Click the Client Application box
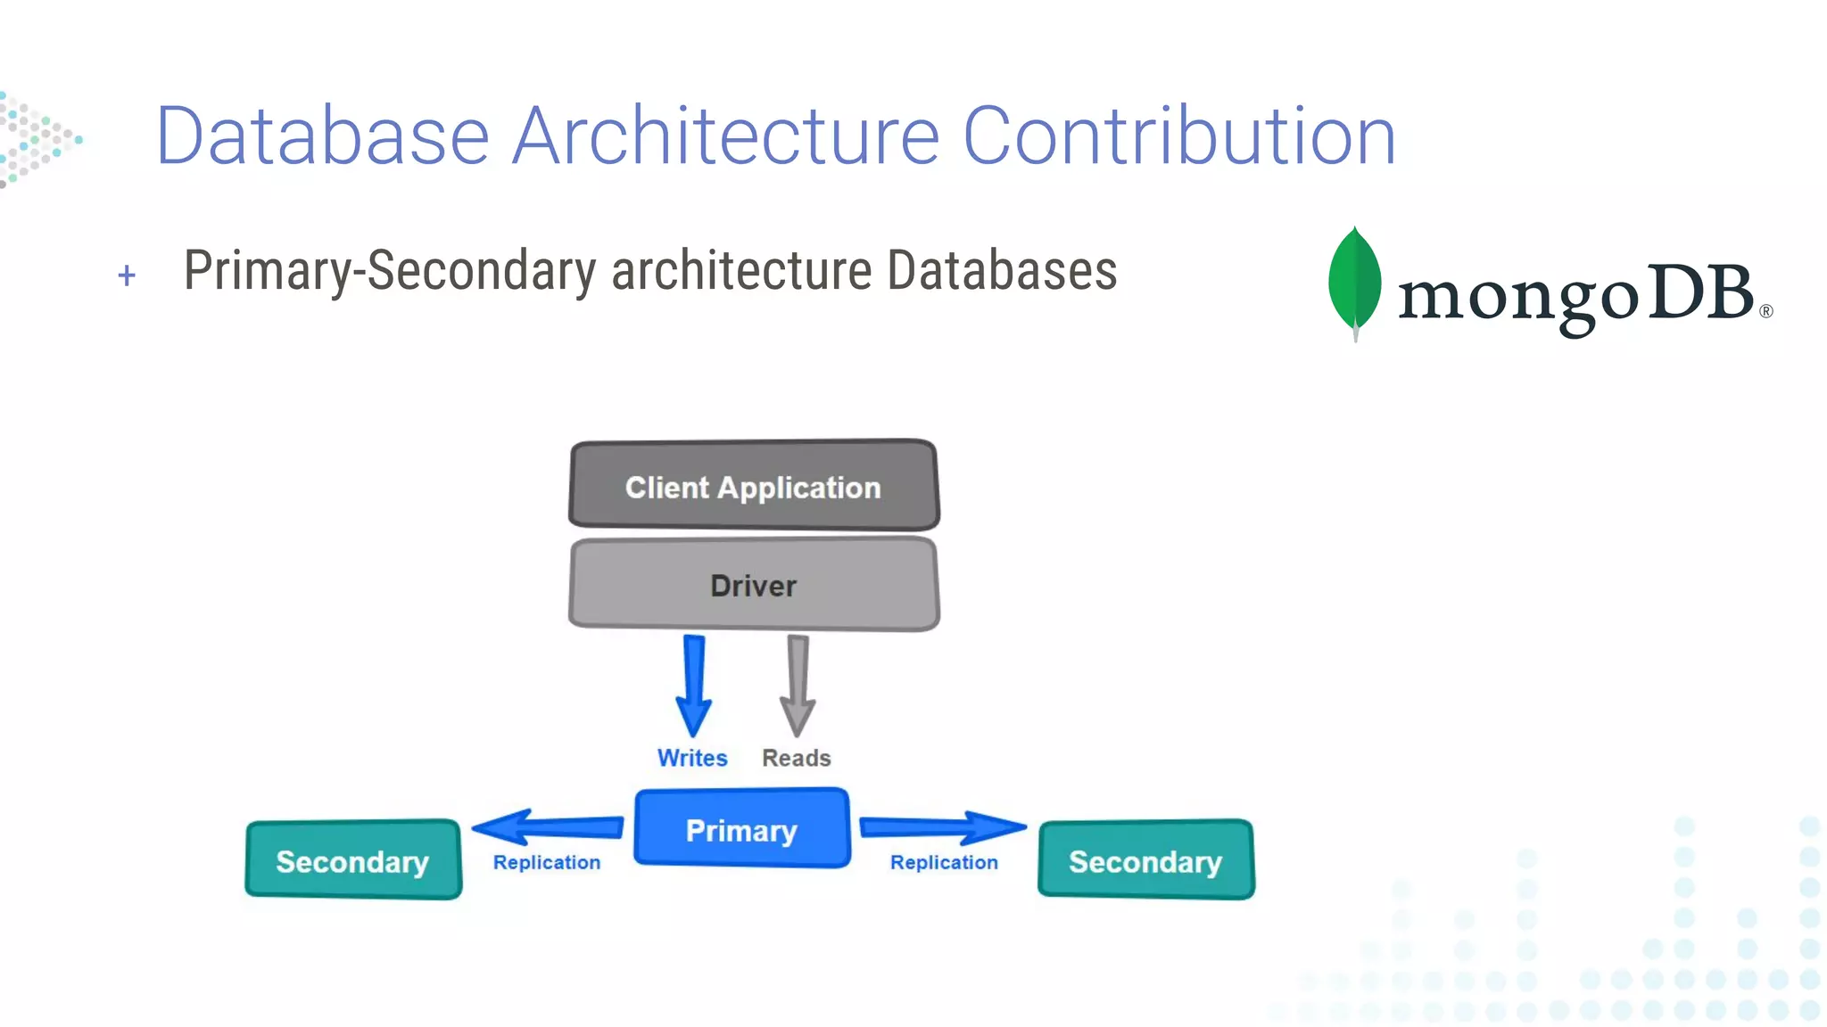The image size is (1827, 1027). click(x=754, y=486)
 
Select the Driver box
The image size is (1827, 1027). click(x=754, y=585)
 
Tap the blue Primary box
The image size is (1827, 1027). click(x=741, y=828)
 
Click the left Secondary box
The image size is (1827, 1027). click(x=353, y=859)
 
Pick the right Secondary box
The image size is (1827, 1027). click(x=1146, y=859)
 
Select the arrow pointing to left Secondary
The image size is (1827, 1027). click(x=546, y=827)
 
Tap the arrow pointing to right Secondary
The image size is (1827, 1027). click(x=942, y=827)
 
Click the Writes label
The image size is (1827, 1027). click(x=692, y=758)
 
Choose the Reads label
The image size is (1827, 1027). click(x=796, y=758)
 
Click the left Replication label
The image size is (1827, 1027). click(x=547, y=862)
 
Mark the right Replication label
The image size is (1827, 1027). click(x=944, y=862)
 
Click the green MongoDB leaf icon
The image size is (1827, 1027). click(x=1354, y=281)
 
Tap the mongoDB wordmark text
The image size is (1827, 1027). click(x=1575, y=296)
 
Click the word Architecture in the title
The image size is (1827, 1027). click(x=726, y=136)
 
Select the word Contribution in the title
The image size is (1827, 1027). click(x=1179, y=136)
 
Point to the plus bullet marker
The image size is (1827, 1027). click(x=127, y=275)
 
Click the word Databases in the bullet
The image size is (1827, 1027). click(x=1002, y=270)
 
